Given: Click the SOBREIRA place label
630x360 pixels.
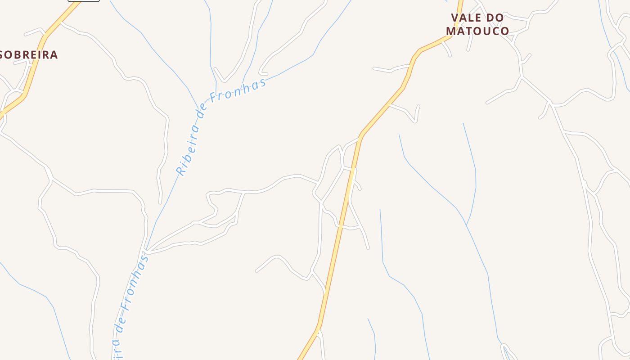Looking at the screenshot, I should pos(29,55).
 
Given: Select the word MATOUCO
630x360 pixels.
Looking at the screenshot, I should pos(477,31).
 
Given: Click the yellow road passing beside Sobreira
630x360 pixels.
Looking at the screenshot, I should pos(34,72).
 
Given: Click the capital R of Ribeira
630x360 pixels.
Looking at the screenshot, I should pos(181,171).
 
